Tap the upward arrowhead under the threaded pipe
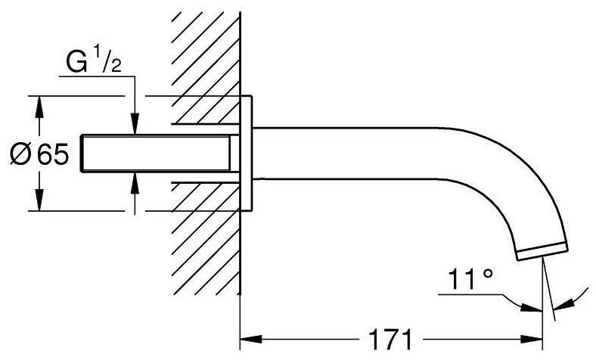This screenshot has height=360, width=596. [134, 180]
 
